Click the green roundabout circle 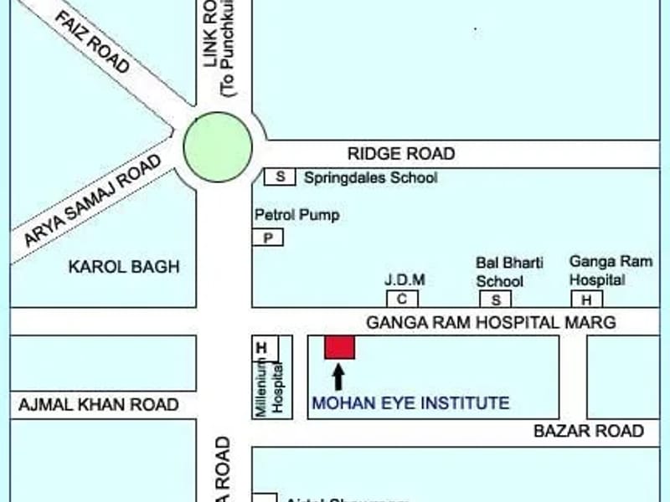218,147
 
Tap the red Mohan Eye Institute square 339,346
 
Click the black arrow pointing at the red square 338,376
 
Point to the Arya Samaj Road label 92,199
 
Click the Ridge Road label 401,153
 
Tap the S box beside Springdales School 280,177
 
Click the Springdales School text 370,177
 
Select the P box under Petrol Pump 268,238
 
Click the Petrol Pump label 296,215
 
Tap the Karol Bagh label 124,267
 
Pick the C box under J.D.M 401,299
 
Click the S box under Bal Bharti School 495,300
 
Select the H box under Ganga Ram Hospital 586,300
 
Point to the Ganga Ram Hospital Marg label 491,322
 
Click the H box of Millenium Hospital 261,347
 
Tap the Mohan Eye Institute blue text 410,403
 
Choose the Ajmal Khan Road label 97,405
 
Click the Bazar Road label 589,431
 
